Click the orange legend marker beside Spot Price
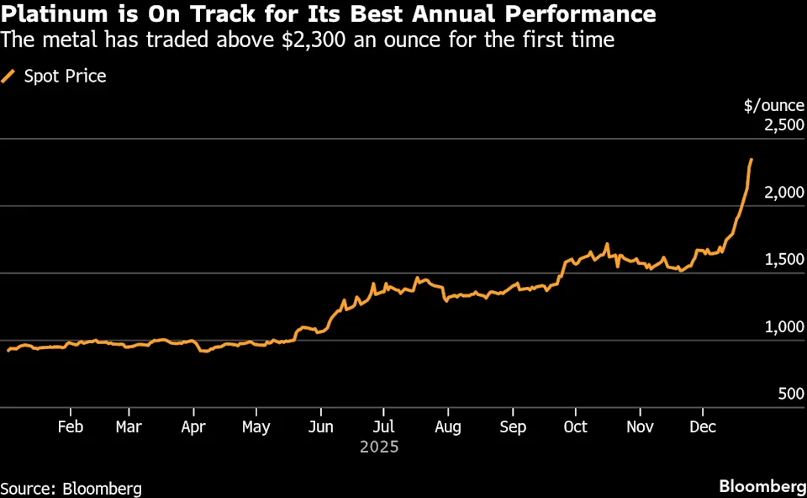[9, 77]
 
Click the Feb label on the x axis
[70, 427]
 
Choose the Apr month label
[193, 427]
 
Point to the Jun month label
[321, 427]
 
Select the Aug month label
[448, 427]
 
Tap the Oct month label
[576, 427]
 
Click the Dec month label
[703, 427]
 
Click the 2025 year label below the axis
[379, 448]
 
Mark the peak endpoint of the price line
[751, 160]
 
